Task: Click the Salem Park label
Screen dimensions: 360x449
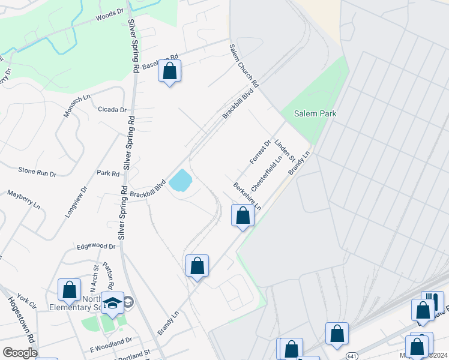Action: [x=315, y=113]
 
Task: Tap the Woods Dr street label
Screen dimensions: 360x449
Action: [x=109, y=19]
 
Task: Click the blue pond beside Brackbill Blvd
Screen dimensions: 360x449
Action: [x=181, y=180]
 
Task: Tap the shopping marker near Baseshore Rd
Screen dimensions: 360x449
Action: [x=170, y=71]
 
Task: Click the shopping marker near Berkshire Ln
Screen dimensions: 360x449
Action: [x=243, y=215]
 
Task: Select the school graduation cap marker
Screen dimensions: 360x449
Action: [x=112, y=303]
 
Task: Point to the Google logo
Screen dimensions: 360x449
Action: [x=20, y=352]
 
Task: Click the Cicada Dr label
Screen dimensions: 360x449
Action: [x=112, y=110]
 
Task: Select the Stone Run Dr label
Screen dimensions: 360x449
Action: [x=37, y=172]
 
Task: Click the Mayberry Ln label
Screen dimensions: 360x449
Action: [x=23, y=200]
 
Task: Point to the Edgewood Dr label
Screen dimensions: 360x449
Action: [x=95, y=246]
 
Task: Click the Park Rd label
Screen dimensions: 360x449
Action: [x=108, y=173]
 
